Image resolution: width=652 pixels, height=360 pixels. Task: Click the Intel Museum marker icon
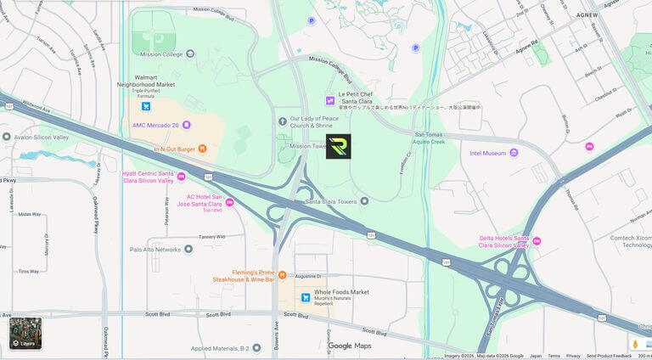pyautogui.click(x=514, y=153)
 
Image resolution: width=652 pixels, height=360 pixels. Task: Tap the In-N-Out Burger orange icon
pyautogui.click(x=202, y=149)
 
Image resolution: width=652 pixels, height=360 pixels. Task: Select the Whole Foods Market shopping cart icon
pyautogui.click(x=306, y=297)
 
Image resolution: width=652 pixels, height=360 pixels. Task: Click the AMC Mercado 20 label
pyautogui.click(x=155, y=125)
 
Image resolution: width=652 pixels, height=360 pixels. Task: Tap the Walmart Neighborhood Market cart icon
pyautogui.click(x=146, y=106)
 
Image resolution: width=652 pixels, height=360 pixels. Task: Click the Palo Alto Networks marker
pyautogui.click(x=188, y=250)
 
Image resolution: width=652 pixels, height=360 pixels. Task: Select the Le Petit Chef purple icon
pyautogui.click(x=330, y=101)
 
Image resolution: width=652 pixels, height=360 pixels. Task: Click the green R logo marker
pyautogui.click(x=338, y=146)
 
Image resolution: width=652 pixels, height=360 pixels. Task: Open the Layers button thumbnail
pyautogui.click(x=25, y=333)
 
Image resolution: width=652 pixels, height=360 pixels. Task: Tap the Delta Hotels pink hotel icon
pyautogui.click(x=537, y=241)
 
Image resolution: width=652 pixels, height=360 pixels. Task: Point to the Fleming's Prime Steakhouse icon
pyautogui.click(x=282, y=275)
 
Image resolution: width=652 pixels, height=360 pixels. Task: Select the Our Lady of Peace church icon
pyautogui.click(x=283, y=122)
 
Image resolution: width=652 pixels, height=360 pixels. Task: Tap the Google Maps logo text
pyautogui.click(x=350, y=346)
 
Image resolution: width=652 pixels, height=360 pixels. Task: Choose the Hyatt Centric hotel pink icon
pyautogui.click(x=181, y=177)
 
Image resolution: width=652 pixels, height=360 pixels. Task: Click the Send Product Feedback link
pyautogui.click(x=609, y=356)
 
